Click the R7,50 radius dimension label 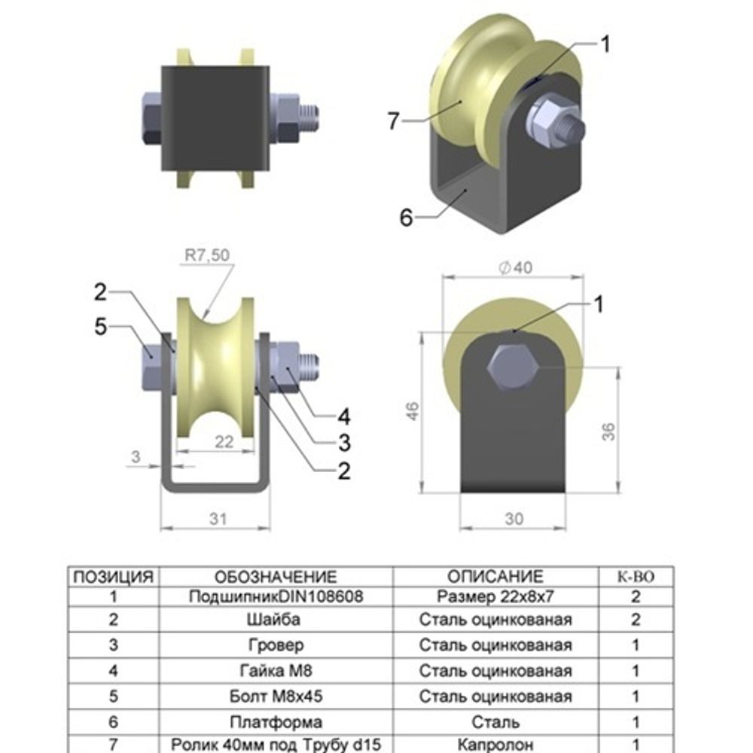point(206,255)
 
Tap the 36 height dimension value point(608,431)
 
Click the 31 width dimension point(217,519)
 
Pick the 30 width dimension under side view point(514,519)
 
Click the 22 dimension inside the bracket point(224,442)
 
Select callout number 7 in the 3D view point(393,120)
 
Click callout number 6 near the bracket point(407,218)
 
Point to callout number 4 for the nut point(344,415)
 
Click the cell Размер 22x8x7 point(495,597)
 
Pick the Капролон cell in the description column point(495,744)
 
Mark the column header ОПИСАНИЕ point(495,578)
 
